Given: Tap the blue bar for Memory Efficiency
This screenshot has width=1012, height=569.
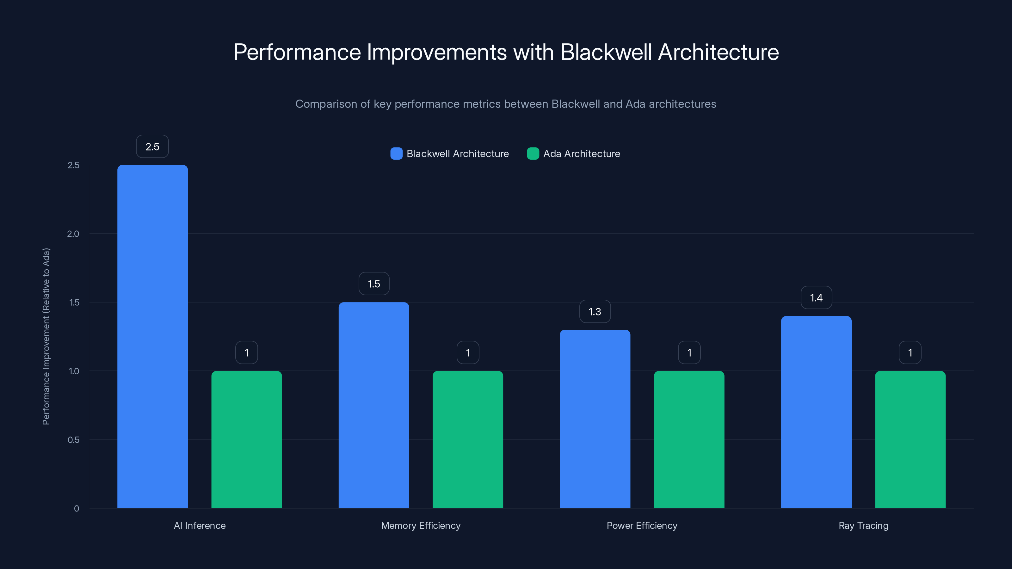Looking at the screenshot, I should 373,405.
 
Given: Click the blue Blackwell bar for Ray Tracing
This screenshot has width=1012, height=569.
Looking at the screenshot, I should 816,412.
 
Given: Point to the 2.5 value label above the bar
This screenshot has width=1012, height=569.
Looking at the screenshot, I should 152,146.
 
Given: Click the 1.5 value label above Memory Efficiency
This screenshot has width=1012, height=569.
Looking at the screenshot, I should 373,284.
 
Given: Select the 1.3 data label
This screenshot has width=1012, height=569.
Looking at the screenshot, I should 595,311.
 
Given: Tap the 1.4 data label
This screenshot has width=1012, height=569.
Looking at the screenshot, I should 816,298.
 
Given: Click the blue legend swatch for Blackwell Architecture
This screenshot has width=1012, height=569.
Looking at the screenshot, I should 396,154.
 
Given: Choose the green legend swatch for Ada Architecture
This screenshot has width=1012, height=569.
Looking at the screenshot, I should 533,154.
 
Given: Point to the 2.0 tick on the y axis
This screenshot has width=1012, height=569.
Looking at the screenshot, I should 73,234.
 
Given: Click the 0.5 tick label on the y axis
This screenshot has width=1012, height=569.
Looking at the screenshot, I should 73,439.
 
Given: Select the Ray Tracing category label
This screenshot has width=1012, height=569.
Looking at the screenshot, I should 863,525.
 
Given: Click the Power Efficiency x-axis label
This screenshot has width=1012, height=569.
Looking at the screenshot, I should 642,525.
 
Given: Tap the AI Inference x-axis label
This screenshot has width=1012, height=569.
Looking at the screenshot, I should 200,525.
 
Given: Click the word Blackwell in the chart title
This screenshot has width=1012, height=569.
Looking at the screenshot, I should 606,52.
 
